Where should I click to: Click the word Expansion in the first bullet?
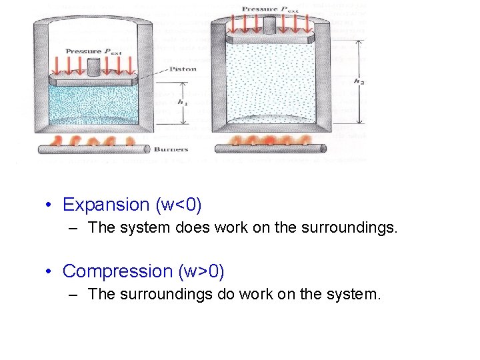[106, 205]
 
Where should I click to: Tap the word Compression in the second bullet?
[117, 271]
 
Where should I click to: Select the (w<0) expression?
[178, 205]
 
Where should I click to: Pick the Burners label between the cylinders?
[170, 149]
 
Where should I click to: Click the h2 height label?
[359, 81]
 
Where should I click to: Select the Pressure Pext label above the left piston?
[92, 51]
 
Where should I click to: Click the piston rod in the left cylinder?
[93, 66]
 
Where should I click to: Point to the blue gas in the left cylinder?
[93, 107]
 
